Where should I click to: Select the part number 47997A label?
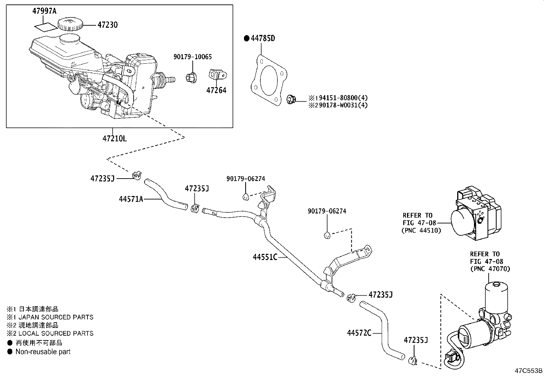tap(44, 11)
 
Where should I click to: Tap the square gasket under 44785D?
tap(268, 78)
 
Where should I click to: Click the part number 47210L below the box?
tap(114, 139)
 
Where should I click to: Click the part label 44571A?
tap(131, 199)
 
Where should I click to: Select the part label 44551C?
tap(265, 257)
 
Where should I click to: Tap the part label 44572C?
tap(359, 333)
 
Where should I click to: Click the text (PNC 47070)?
tap(490, 269)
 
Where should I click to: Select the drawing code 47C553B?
tap(529, 371)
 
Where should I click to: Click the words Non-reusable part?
tap(43, 352)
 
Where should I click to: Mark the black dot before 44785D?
tap(246, 38)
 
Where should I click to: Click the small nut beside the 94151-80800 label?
tap(291, 99)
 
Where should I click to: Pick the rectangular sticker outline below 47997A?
tap(45, 26)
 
